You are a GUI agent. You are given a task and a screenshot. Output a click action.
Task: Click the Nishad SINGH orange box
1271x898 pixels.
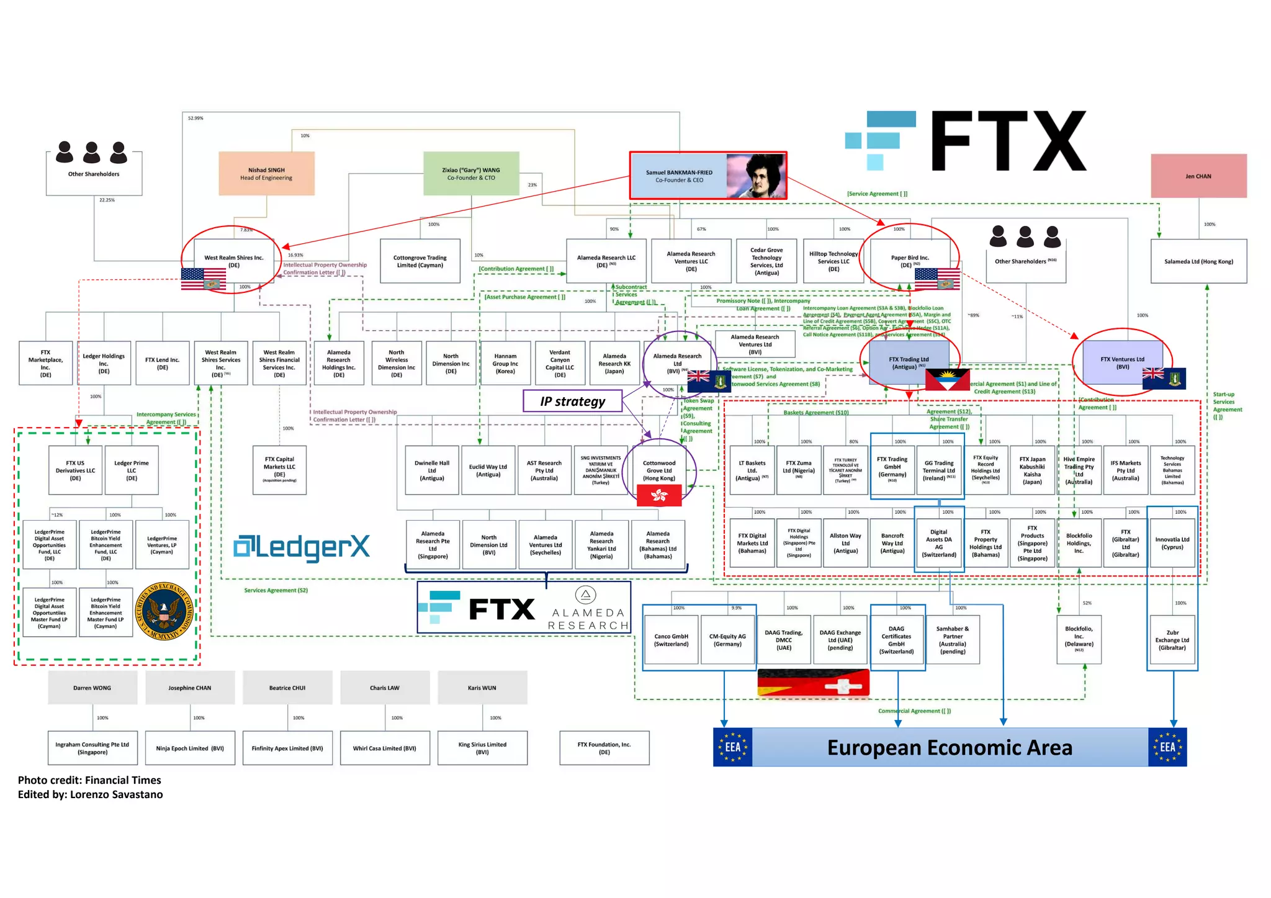click(x=266, y=174)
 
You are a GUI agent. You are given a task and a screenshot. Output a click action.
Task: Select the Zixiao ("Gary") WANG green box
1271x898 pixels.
click(x=471, y=174)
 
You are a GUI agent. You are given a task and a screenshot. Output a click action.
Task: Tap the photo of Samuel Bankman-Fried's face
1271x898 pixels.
click(x=756, y=176)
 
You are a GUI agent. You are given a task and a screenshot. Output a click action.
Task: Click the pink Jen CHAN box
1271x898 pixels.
click(x=1198, y=176)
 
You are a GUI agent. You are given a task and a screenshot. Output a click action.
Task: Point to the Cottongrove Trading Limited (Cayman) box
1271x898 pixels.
click(x=420, y=261)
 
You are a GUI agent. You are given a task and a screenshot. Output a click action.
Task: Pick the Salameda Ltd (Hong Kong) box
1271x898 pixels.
click(x=1198, y=261)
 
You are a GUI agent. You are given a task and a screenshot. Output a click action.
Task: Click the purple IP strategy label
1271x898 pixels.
click(x=572, y=402)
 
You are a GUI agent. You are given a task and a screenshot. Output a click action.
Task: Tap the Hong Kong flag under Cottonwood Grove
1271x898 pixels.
click(x=659, y=495)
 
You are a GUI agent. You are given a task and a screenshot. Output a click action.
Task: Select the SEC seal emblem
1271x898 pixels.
click(x=164, y=612)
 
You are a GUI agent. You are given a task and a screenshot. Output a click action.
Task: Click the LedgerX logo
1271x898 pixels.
click(x=302, y=547)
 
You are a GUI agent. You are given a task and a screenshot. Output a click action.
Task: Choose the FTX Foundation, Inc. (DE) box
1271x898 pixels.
click(x=604, y=748)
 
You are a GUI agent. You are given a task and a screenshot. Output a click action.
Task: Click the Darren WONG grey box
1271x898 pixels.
click(x=92, y=688)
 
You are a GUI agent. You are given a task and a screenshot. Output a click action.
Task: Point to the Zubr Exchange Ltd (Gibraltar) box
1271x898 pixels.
click(x=1172, y=640)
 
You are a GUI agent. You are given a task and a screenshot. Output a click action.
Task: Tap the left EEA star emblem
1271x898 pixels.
click(x=732, y=747)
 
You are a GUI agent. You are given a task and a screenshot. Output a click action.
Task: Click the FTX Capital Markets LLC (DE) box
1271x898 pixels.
click(x=279, y=470)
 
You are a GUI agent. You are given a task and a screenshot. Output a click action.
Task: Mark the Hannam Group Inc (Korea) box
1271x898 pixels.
click(x=505, y=364)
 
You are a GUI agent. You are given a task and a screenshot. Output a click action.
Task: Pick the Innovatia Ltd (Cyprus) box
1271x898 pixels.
click(x=1172, y=543)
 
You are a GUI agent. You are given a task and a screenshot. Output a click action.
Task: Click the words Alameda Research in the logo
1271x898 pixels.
click(x=588, y=619)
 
